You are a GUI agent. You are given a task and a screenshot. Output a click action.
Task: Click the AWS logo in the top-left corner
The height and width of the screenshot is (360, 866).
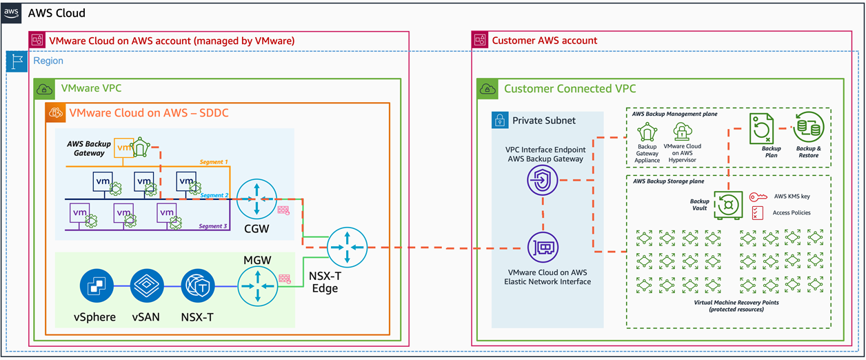point(12,12)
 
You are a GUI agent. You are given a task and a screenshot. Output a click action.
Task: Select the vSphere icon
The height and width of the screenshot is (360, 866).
point(94,284)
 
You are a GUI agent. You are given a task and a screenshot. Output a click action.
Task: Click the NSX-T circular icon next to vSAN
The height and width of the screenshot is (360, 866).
point(198,284)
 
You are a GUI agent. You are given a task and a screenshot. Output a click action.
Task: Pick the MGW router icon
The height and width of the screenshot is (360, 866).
point(255,285)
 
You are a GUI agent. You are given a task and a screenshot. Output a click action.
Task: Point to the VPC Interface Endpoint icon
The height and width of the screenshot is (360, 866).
point(541,181)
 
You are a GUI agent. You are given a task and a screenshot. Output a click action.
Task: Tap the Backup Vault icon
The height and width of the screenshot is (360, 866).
point(727,205)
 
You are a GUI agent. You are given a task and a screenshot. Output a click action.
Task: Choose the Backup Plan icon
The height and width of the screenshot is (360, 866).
point(762,128)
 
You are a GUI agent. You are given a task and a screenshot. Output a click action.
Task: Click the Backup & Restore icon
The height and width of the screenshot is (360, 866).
point(808,128)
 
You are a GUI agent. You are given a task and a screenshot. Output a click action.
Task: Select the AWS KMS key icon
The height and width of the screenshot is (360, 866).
point(758,197)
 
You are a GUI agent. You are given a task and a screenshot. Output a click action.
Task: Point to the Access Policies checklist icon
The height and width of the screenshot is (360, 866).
point(758,213)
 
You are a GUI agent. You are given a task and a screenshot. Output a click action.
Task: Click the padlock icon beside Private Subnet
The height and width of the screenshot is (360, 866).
point(500,120)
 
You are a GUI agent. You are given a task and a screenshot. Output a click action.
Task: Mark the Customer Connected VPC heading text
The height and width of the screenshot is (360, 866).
point(570,89)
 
